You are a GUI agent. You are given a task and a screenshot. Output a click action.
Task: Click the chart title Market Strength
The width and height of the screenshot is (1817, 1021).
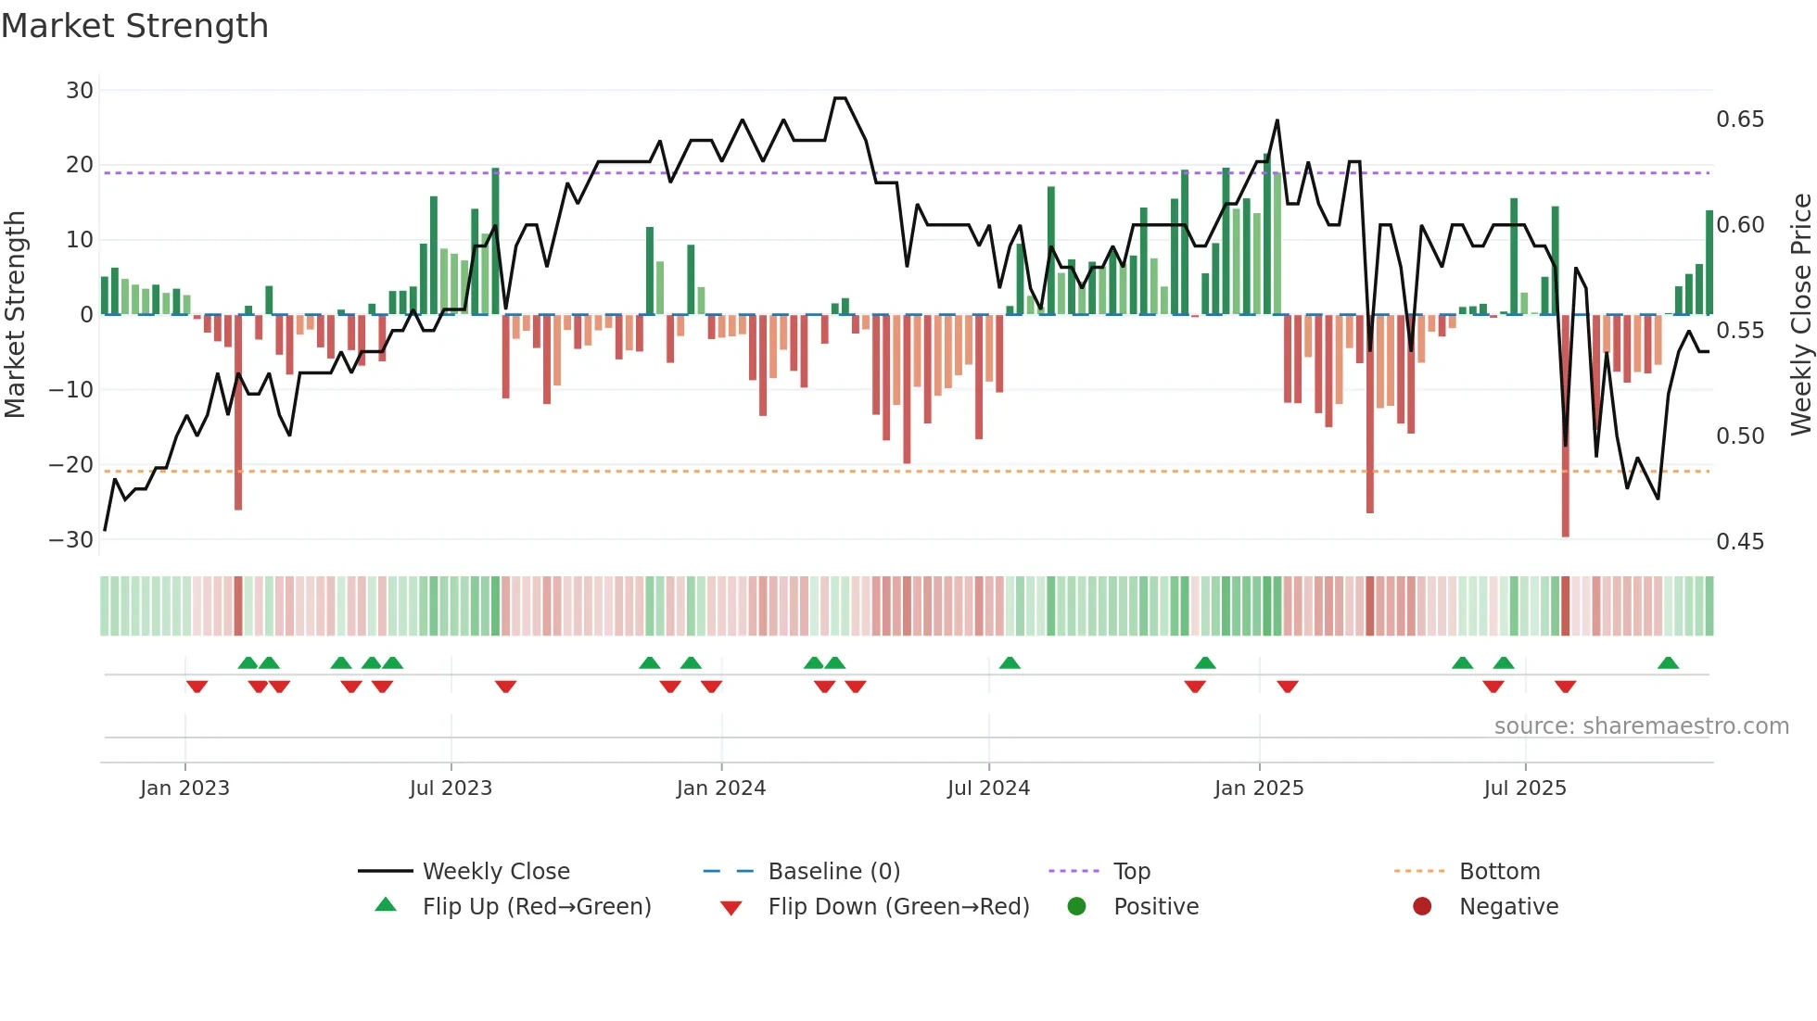[135, 26]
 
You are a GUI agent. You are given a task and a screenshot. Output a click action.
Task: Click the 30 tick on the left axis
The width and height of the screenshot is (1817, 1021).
[80, 91]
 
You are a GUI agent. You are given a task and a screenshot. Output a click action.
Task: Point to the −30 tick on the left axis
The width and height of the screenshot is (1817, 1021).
[71, 540]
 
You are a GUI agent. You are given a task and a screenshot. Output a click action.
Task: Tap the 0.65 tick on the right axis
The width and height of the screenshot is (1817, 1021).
[1740, 120]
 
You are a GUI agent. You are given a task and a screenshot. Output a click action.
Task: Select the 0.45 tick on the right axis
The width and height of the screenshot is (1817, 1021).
[1740, 542]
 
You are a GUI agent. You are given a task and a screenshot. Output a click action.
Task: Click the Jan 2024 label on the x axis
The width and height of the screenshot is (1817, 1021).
[721, 788]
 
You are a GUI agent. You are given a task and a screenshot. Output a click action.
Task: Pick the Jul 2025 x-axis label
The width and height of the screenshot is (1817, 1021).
[1525, 788]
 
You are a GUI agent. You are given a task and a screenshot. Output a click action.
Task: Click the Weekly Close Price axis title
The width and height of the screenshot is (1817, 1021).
[1801, 315]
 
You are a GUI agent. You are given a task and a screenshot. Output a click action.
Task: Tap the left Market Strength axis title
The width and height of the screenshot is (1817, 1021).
[16, 315]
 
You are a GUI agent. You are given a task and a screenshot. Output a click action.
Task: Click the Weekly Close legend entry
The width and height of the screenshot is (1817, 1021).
[496, 872]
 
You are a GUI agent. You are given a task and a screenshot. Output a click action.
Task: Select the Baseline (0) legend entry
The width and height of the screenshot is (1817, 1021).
[833, 872]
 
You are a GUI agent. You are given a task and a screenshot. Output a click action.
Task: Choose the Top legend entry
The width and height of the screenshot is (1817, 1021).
[1131, 872]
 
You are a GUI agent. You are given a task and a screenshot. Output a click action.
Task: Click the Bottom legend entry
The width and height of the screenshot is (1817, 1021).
[1499, 872]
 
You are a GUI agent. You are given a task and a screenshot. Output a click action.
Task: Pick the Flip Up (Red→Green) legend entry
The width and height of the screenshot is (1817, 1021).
[537, 907]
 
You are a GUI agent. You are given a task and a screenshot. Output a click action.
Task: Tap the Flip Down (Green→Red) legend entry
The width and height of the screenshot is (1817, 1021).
[898, 907]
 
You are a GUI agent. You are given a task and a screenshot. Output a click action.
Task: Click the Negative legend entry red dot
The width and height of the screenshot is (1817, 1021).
[1422, 907]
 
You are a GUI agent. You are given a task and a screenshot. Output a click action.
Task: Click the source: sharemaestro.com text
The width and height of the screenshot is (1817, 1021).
[1641, 726]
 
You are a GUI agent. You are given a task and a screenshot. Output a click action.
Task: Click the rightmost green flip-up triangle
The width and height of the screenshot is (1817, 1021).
[1668, 663]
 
